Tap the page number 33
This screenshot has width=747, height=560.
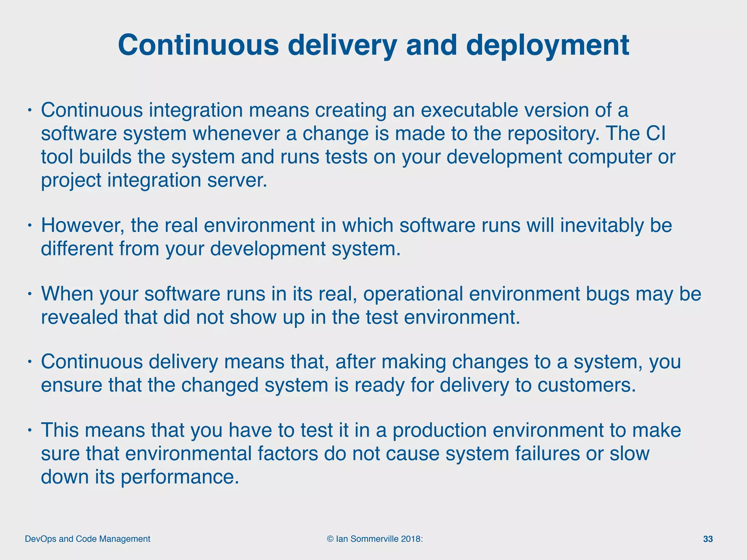tap(708, 539)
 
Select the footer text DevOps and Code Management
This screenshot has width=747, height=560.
tap(88, 539)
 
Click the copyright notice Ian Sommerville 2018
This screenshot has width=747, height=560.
tap(375, 539)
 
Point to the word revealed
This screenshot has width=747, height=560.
tap(79, 317)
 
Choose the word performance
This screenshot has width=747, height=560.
tap(179, 477)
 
